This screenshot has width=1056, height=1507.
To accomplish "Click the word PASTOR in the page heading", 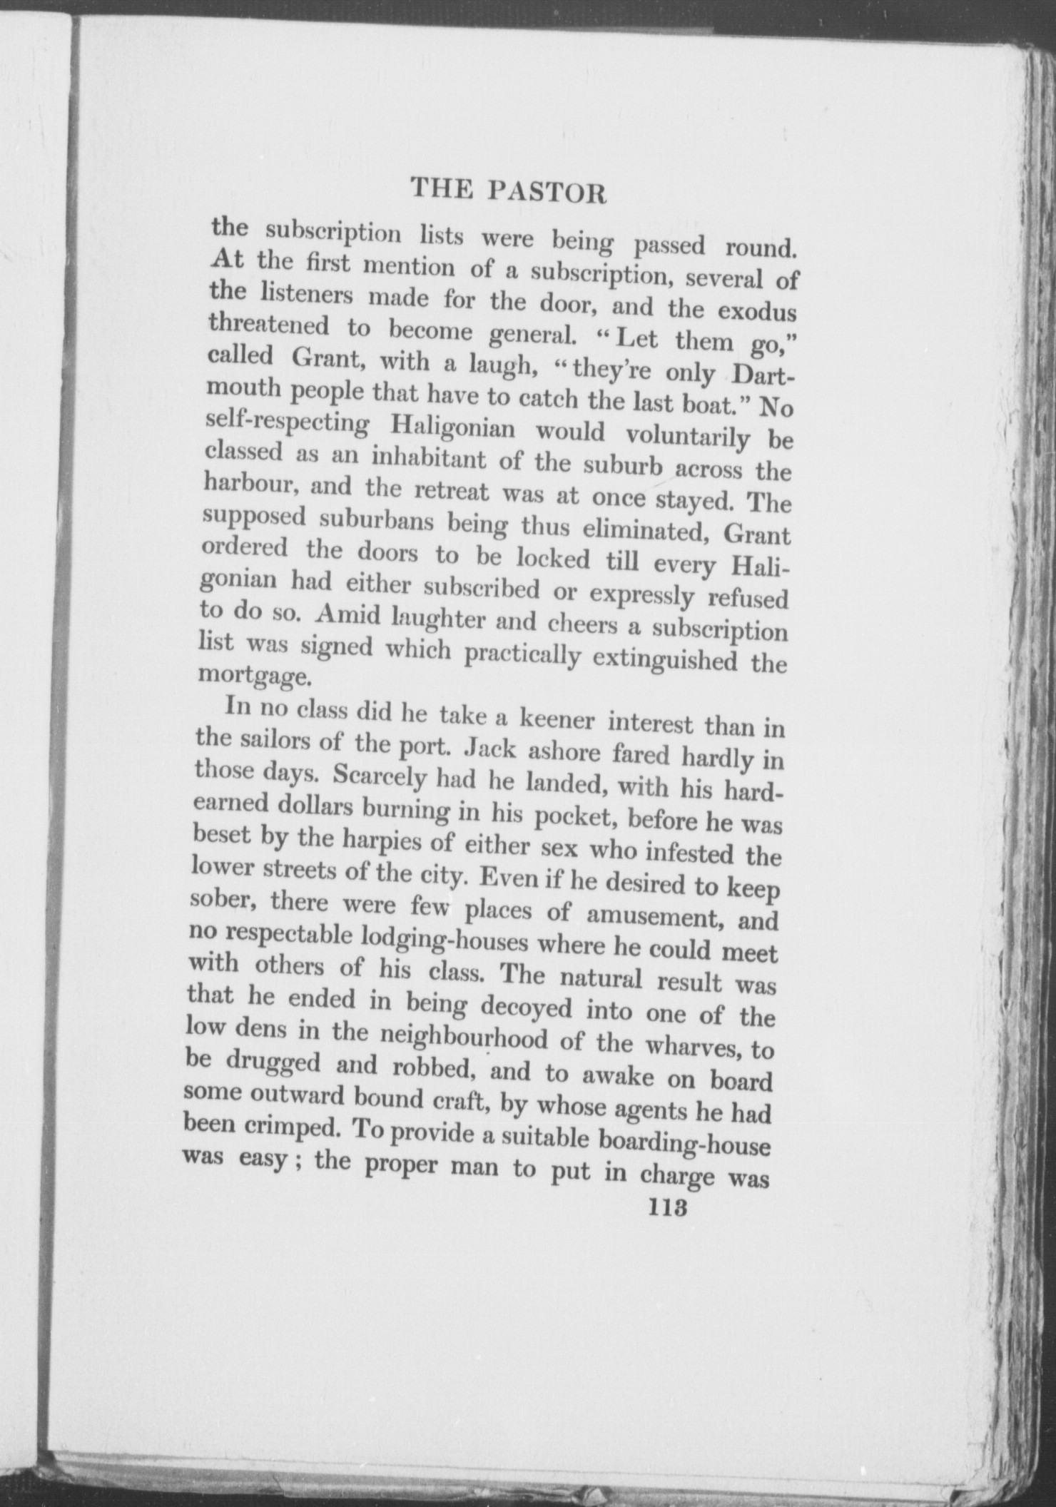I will (x=548, y=193).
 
